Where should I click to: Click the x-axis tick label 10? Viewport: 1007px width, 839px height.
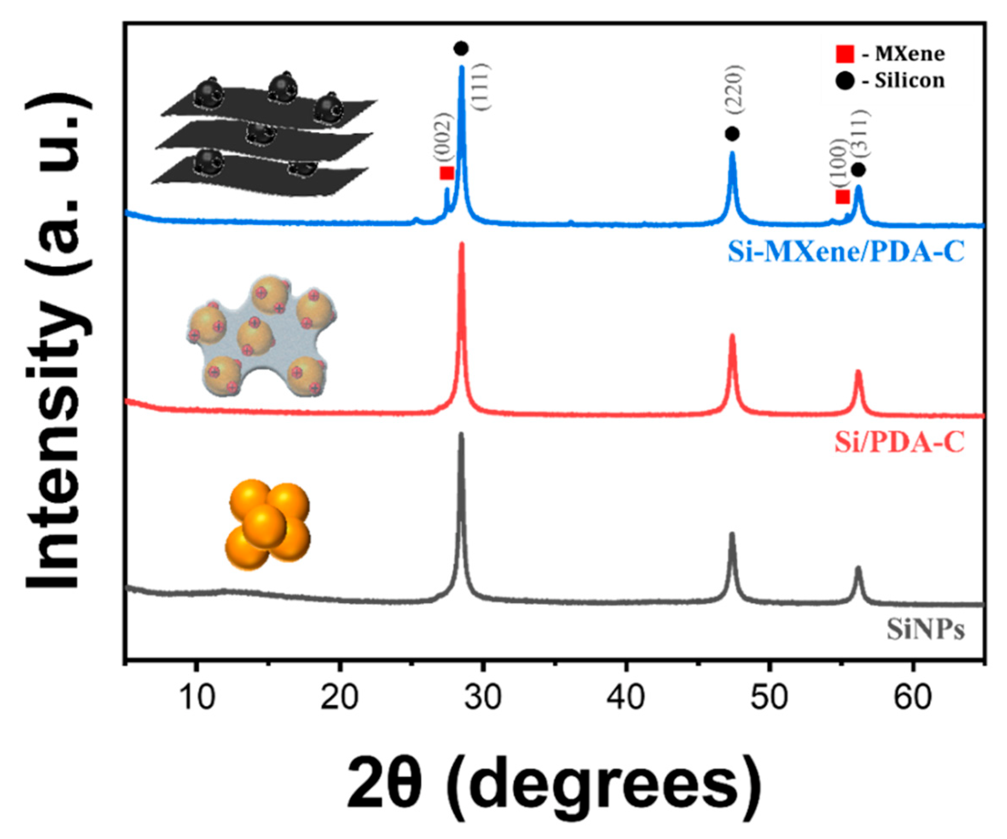[x=197, y=698]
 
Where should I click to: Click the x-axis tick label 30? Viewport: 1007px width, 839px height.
[x=483, y=698]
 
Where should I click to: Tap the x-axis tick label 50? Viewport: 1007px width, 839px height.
[x=769, y=698]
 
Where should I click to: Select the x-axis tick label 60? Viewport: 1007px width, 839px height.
[x=912, y=698]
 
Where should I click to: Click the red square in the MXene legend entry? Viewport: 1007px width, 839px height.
[x=845, y=54]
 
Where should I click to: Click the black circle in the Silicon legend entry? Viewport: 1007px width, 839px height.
[x=845, y=81]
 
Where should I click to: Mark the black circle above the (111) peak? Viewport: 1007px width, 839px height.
[x=461, y=49]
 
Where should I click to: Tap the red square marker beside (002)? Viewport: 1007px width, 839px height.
[x=447, y=173]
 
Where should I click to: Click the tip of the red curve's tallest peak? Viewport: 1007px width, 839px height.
[x=462, y=244]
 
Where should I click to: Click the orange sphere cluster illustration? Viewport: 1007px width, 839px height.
[x=268, y=526]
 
